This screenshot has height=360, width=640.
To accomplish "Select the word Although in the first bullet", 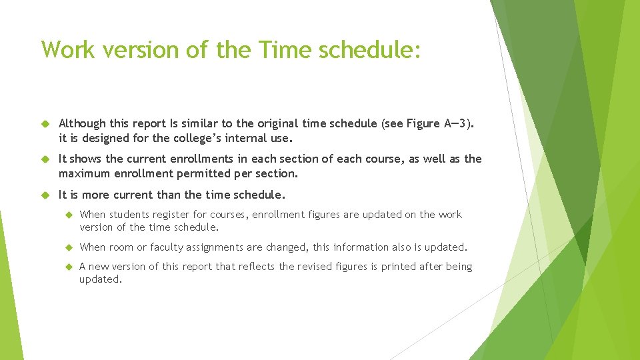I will (x=82, y=123).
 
